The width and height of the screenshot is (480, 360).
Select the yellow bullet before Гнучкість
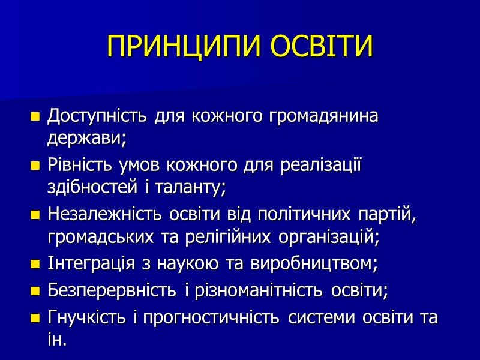tap(35, 318)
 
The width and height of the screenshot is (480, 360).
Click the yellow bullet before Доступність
tap(35, 116)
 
